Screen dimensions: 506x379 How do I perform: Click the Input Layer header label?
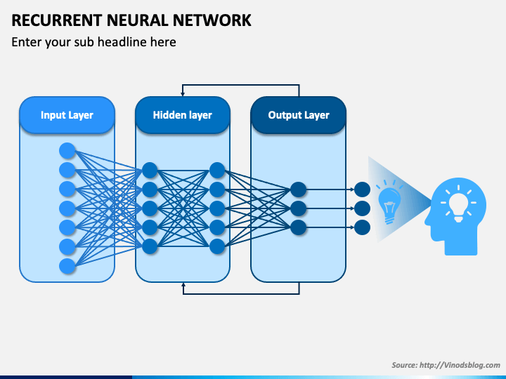click(67, 115)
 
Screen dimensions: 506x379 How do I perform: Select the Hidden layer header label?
click(182, 115)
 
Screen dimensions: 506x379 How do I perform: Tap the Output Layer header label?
click(299, 115)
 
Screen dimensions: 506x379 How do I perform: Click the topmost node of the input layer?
click(67, 150)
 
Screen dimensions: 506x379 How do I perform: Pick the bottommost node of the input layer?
click(67, 266)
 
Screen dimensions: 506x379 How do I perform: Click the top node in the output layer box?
click(298, 189)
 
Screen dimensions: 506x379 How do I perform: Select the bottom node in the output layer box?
click(298, 227)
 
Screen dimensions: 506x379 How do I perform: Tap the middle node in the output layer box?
click(298, 208)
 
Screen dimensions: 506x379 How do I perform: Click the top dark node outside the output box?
click(362, 189)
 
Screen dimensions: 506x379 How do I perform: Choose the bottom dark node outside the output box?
click(362, 227)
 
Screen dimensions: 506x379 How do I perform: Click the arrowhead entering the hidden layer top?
click(183, 94)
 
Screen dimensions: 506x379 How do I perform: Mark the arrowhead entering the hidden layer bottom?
click(183, 285)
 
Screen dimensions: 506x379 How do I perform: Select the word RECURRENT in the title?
click(57, 20)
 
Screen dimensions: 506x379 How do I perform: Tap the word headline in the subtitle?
click(122, 42)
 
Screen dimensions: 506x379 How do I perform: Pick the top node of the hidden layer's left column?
click(150, 170)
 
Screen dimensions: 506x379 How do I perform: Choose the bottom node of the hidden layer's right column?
click(217, 247)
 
